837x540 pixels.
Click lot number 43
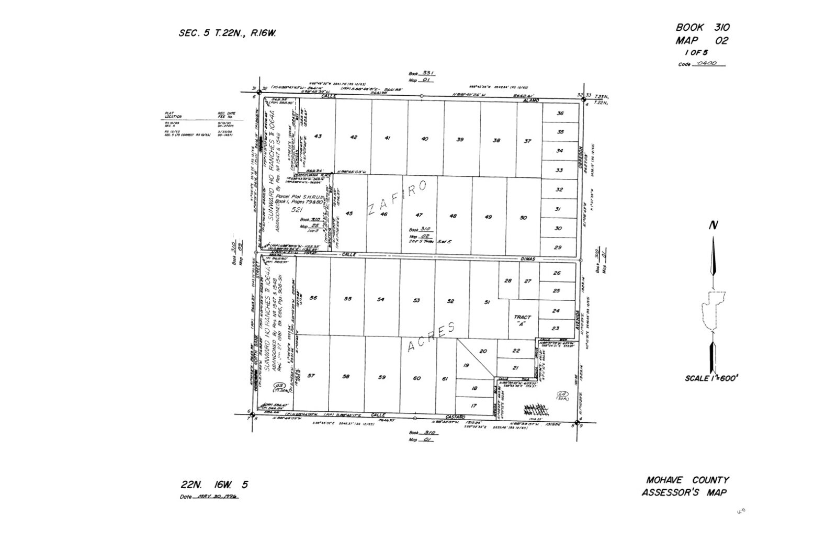tap(318, 137)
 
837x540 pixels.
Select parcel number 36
tap(560, 114)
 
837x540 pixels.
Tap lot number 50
tap(523, 218)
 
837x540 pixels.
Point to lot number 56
tap(313, 298)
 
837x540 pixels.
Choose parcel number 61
tap(445, 378)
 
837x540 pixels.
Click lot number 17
tap(474, 406)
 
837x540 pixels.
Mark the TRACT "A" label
tap(522, 320)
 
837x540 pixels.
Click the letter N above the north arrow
tap(712, 226)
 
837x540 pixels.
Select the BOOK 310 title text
tap(702, 28)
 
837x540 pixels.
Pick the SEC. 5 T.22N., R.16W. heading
tap(227, 33)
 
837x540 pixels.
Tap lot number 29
tap(558, 248)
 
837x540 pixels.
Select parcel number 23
tap(556, 328)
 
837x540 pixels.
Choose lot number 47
tap(418, 215)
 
